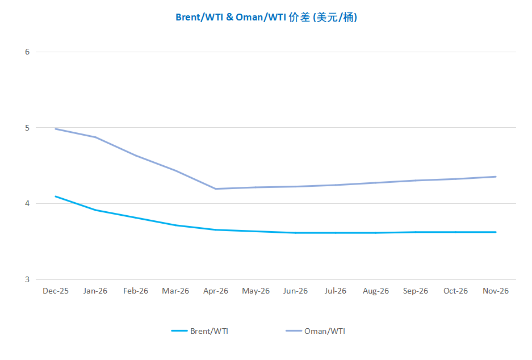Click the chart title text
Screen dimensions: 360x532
coord(266,18)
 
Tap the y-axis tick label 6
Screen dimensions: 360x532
coord(27,52)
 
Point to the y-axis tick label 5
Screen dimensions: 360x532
coord(27,128)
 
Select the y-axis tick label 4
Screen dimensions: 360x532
coord(27,203)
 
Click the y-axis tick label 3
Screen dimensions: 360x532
coord(27,279)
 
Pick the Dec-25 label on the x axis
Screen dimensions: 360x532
coord(56,291)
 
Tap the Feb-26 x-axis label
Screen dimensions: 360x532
coord(136,291)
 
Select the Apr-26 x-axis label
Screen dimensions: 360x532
coord(216,291)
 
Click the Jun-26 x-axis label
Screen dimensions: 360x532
coord(296,291)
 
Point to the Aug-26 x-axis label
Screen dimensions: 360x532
coord(376,291)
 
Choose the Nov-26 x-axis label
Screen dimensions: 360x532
coord(496,291)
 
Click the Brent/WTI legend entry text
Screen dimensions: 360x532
coord(210,331)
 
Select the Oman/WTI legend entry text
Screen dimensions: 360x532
coord(324,331)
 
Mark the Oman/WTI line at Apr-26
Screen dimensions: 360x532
coord(216,189)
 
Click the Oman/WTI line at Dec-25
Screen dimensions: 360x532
coord(56,129)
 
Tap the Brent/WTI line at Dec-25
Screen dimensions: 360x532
coord(56,196)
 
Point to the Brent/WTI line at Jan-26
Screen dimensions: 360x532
coord(96,210)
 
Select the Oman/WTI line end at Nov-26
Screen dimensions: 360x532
coord(496,177)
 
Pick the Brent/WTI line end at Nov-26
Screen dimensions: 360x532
coord(496,232)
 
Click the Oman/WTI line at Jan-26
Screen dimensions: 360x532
coord(96,137)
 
